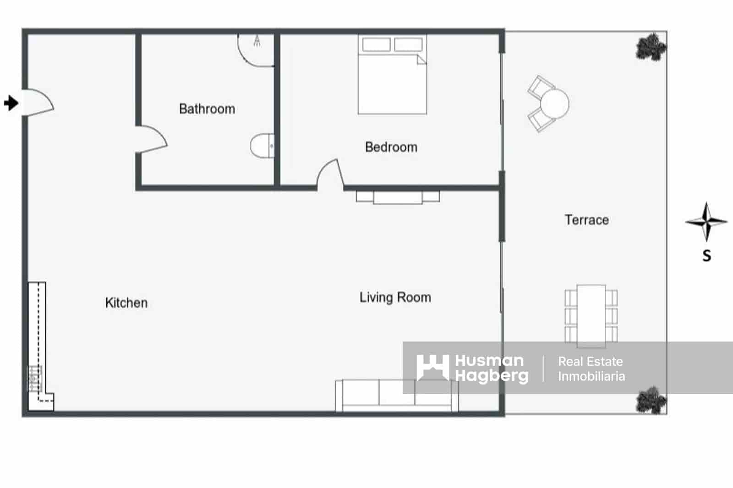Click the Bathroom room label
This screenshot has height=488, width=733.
(x=207, y=109)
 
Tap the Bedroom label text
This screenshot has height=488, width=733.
(x=391, y=147)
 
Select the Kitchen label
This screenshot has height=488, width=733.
(x=126, y=303)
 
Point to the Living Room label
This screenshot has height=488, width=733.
(x=395, y=298)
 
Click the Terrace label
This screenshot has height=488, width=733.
(x=586, y=220)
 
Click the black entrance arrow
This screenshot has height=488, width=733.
(x=11, y=103)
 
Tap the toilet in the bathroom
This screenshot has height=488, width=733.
(x=262, y=146)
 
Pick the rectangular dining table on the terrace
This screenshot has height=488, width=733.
(x=591, y=316)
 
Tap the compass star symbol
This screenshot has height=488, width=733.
(x=706, y=222)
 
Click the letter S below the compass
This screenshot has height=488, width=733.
(x=707, y=255)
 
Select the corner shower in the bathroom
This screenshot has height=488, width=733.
(x=256, y=49)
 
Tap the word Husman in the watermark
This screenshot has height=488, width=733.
(x=489, y=361)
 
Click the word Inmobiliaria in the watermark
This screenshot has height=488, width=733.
(x=591, y=376)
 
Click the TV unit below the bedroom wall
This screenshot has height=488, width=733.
(x=398, y=197)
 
